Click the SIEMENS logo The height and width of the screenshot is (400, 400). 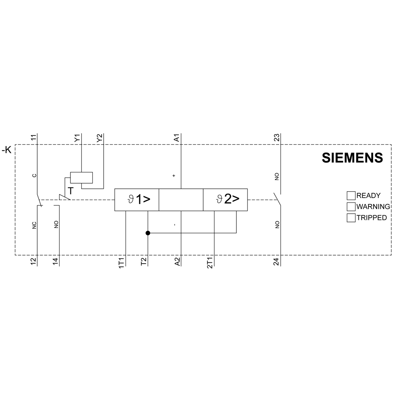coord(352,158)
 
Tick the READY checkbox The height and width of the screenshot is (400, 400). coord(351,196)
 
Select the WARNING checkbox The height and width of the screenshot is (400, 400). coord(351,207)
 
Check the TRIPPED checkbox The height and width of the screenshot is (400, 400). coord(351,218)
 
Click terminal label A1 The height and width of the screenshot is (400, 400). coord(176,138)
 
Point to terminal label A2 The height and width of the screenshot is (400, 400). coord(177,262)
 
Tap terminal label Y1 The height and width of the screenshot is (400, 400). coord(77,138)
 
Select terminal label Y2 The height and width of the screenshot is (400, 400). coord(99,138)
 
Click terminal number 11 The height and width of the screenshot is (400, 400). coord(34,138)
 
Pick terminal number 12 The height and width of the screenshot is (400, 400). coord(34,262)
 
